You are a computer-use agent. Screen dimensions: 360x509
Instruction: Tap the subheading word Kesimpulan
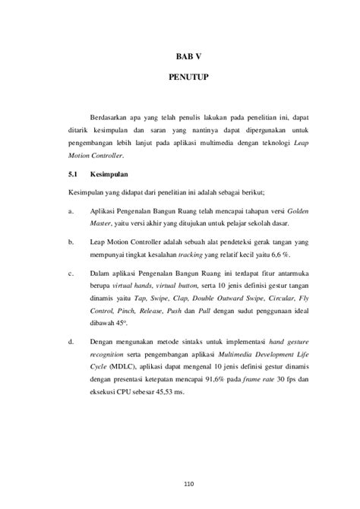[109, 174]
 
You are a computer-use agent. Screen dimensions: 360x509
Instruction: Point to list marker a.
[70, 207]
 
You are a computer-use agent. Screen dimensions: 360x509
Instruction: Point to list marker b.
[70, 242]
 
